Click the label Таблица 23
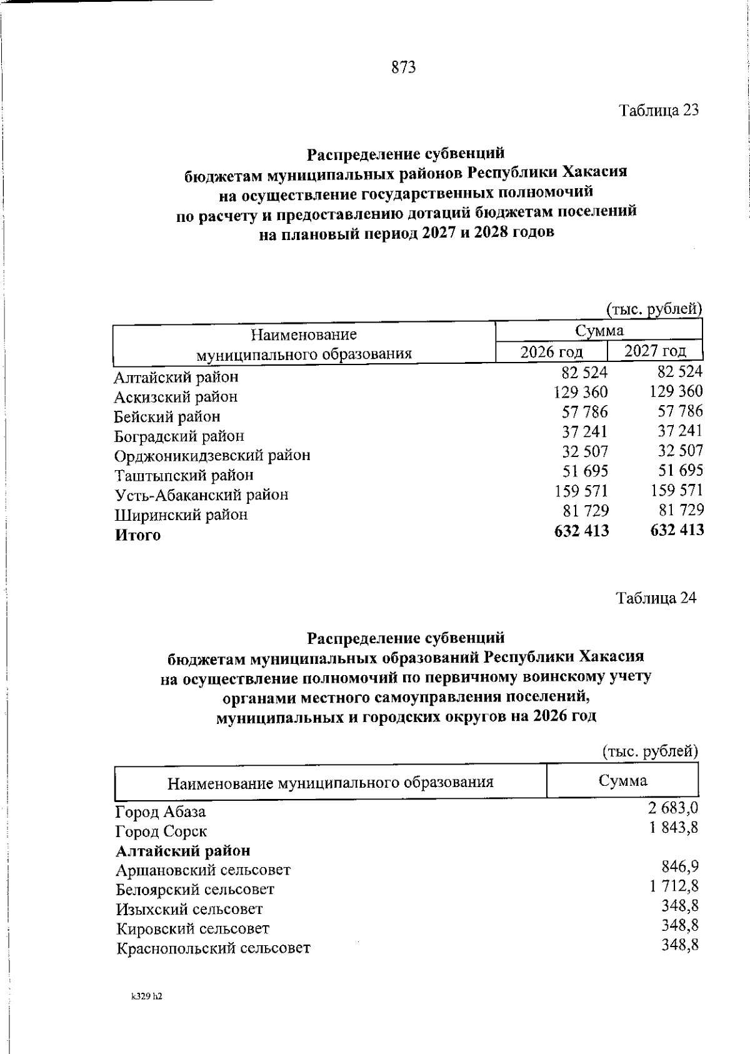tap(658, 111)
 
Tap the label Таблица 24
tap(656, 598)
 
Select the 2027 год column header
tap(655, 350)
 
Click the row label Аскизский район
tap(176, 397)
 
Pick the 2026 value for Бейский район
tap(584, 411)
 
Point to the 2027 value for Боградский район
tap(680, 431)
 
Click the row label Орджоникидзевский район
tap(212, 455)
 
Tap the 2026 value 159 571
tap(581, 491)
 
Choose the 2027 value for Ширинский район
tap(680, 509)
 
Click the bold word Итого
tap(137, 535)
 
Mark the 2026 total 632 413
tap(581, 531)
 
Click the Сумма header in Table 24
tap(622, 780)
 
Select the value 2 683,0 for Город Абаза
tap(672, 808)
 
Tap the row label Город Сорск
tap(161, 831)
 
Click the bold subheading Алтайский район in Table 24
tap(183, 851)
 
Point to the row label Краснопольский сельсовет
tap(213, 948)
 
